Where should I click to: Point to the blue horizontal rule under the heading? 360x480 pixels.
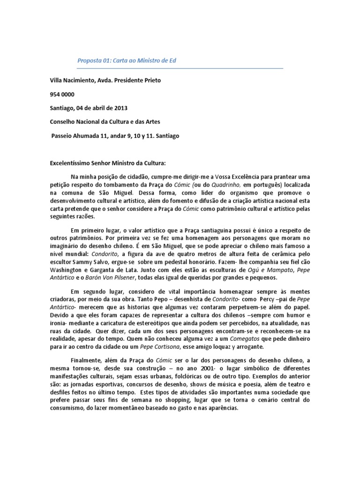[x=180, y=69]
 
